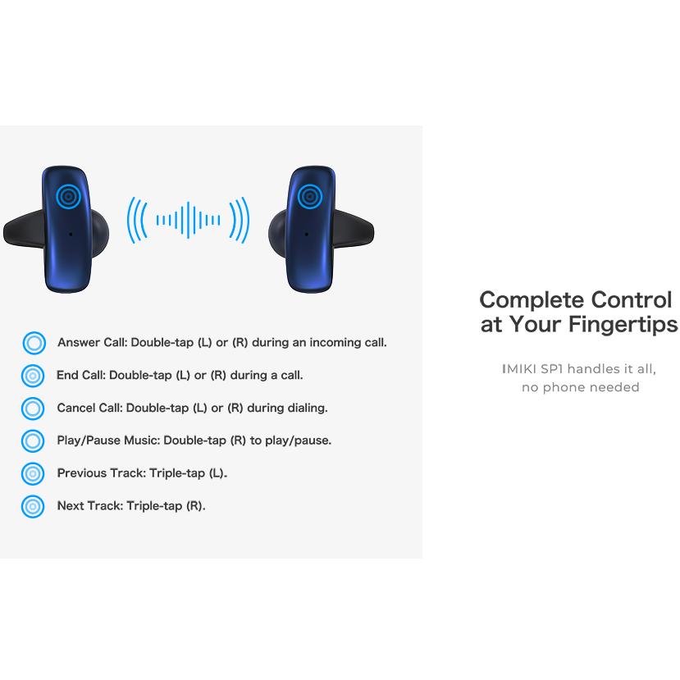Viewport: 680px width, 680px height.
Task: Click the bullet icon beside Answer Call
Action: point(34,343)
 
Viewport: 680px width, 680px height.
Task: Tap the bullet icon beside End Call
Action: point(33,376)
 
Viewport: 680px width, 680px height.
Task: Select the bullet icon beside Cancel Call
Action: point(33,408)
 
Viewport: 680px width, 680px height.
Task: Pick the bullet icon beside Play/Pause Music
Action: point(33,441)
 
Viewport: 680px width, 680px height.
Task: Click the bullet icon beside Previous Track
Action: point(33,473)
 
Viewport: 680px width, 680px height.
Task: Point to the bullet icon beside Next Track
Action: point(33,507)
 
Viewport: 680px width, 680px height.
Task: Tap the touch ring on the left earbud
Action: point(69,197)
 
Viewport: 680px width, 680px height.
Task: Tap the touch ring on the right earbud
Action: point(309,197)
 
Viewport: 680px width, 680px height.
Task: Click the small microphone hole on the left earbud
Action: point(71,234)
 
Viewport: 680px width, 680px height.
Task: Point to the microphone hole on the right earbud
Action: point(307,234)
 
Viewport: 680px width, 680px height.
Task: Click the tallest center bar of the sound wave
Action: point(188,220)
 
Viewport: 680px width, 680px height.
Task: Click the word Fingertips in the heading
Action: point(623,324)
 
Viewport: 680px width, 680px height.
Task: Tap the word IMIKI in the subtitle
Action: point(519,369)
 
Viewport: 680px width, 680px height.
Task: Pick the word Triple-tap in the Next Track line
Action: point(154,506)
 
